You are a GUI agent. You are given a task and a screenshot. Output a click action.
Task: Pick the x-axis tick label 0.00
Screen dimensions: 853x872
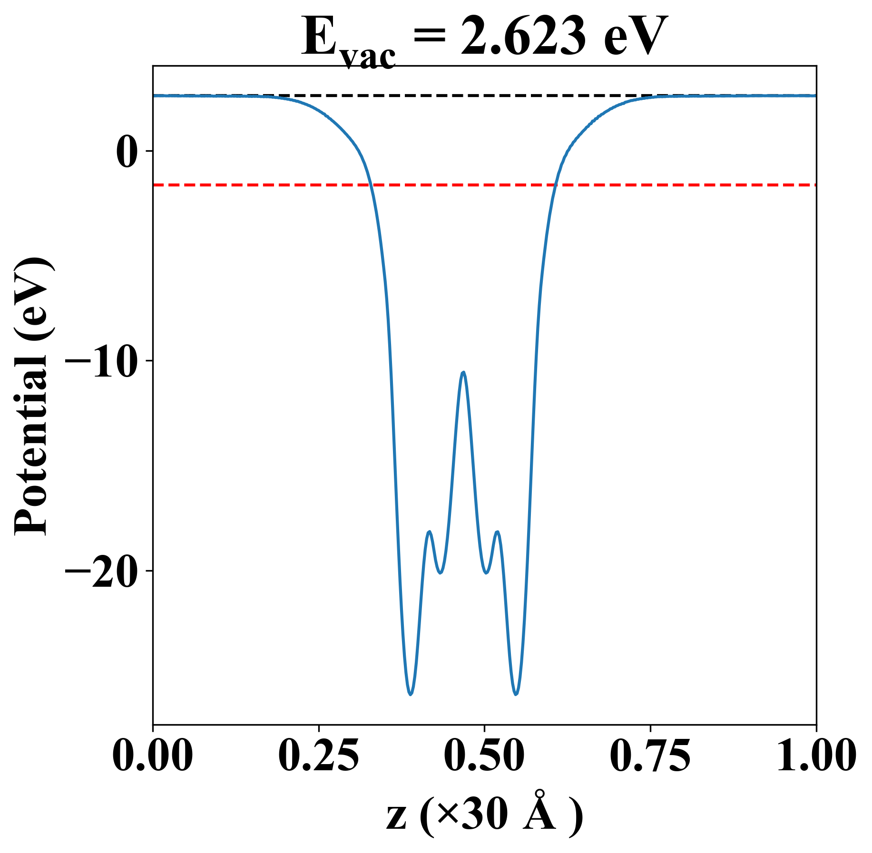point(153,756)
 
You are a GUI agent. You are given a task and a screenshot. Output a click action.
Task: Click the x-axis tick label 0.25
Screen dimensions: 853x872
point(318,756)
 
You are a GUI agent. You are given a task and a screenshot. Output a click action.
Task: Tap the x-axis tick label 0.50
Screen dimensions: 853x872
point(484,756)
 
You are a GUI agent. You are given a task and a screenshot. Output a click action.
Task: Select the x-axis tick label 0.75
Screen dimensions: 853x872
point(650,756)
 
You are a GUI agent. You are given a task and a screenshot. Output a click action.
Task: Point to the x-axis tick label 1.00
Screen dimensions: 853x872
point(815,756)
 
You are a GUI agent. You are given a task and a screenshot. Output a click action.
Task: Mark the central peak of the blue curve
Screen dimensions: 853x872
point(463,372)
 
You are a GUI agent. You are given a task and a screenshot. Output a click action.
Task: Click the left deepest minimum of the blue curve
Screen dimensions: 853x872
point(411,695)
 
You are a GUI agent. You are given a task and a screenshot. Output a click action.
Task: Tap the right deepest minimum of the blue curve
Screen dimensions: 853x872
point(516,695)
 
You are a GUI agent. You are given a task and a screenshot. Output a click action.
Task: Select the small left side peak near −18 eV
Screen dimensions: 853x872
point(430,532)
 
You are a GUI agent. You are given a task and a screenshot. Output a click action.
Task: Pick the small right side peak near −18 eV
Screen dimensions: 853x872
point(498,532)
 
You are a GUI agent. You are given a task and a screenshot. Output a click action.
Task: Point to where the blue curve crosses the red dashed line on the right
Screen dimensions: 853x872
point(555,184)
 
